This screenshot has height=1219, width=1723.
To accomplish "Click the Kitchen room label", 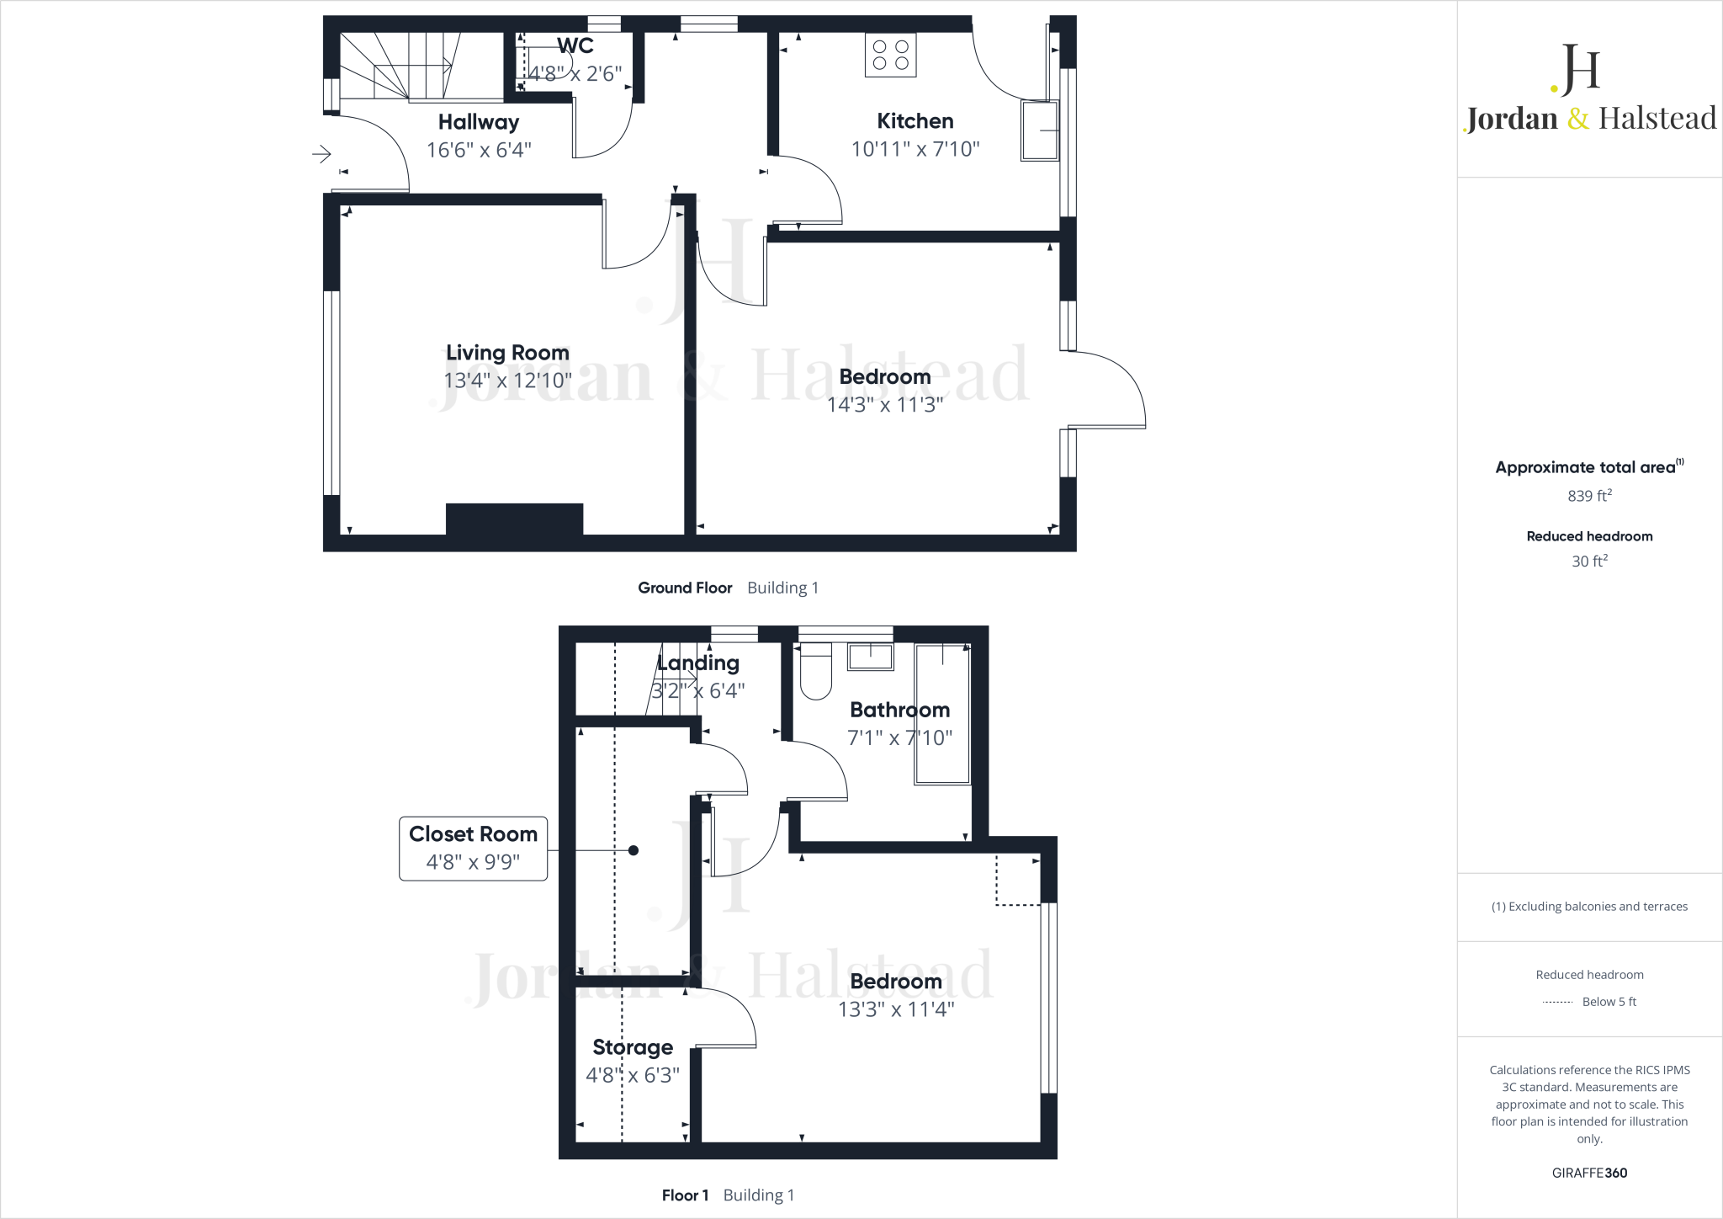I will click(x=915, y=121).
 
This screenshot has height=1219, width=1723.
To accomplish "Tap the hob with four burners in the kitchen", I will click(x=890, y=56).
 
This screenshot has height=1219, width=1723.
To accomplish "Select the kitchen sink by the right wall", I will click(x=1040, y=130).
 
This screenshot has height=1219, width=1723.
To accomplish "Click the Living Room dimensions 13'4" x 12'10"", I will click(x=507, y=381).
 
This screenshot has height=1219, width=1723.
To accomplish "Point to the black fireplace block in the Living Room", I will click(x=514, y=519).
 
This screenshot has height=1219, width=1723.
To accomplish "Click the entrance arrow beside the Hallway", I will click(x=321, y=154).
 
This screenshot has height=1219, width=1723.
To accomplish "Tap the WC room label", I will click(x=575, y=45).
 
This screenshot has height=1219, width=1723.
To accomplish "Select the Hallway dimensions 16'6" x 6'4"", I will click(x=479, y=150).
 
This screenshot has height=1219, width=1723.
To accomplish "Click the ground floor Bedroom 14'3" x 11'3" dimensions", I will click(x=884, y=405).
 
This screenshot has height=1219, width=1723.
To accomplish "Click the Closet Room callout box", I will click(x=473, y=849).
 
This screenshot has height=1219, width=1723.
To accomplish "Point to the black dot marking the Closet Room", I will click(x=634, y=850).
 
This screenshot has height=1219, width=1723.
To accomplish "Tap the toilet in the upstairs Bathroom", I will click(x=815, y=673).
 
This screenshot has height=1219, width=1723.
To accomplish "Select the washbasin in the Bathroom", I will click(x=870, y=657).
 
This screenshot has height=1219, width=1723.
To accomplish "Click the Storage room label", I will click(x=633, y=1047).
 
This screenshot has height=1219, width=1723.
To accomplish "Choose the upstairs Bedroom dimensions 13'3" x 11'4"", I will click(x=896, y=1009).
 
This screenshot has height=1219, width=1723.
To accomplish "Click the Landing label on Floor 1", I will click(x=698, y=663).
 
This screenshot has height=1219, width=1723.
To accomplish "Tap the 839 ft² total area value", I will click(x=1589, y=496).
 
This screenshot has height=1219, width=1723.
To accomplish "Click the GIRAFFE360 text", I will click(x=1589, y=1173).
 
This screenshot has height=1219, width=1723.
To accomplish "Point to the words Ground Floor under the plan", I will click(x=685, y=588).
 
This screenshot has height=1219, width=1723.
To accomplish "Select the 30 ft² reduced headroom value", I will click(x=1589, y=561).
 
